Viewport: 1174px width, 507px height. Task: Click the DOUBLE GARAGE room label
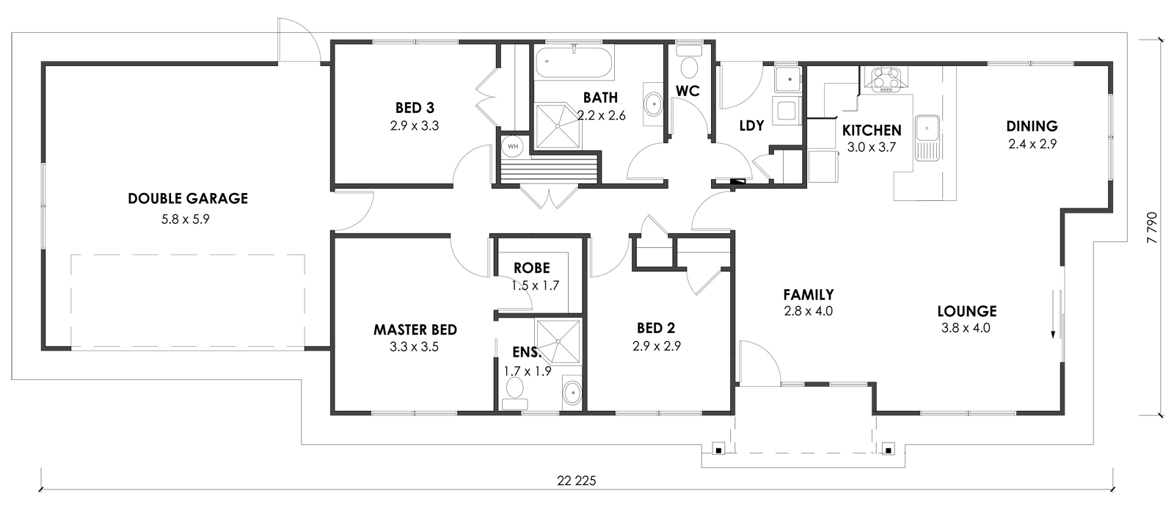(188, 199)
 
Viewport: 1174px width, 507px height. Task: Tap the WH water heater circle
(513, 146)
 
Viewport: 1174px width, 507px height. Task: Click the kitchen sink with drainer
(927, 138)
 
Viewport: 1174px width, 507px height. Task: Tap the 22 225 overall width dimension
(577, 481)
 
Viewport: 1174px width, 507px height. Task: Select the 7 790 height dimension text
(1151, 227)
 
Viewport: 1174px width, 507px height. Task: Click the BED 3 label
(415, 108)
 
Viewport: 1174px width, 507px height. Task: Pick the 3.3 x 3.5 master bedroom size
(414, 347)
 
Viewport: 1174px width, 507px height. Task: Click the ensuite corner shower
(558, 342)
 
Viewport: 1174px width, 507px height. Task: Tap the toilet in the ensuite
(514, 394)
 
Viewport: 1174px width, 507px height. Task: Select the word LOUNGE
(967, 311)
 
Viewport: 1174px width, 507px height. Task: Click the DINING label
(1032, 126)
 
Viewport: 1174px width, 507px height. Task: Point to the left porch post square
(718, 450)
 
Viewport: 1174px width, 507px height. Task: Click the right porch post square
(888, 450)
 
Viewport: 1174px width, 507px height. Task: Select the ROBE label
(531, 268)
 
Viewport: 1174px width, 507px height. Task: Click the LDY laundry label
(751, 125)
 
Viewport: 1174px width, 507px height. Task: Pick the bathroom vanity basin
(653, 104)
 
